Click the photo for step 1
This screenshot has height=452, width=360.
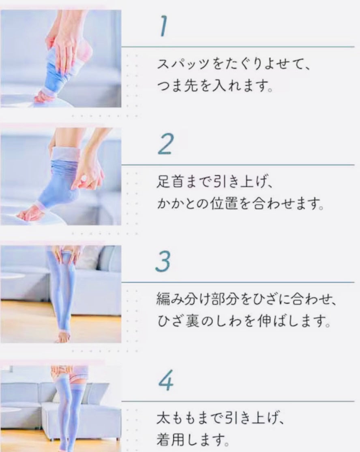61,58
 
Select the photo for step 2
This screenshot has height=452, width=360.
61,176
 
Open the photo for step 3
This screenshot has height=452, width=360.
61,294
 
